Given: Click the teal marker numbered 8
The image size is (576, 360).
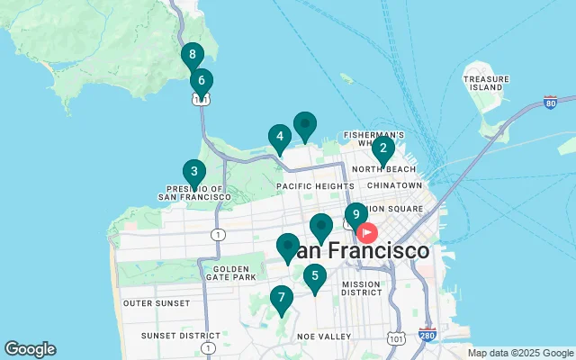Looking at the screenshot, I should [x=192, y=55].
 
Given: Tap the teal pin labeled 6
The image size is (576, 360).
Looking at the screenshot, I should [x=202, y=81].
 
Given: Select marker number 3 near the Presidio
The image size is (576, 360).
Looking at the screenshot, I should [x=193, y=172].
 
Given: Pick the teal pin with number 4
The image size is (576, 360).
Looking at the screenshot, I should [x=279, y=138].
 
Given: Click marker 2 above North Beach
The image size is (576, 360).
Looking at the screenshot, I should [x=383, y=148].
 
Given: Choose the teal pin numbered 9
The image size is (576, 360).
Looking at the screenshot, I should [x=356, y=215].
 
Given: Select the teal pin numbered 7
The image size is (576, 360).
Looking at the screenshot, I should [x=282, y=298].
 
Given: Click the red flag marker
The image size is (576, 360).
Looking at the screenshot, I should [x=368, y=232].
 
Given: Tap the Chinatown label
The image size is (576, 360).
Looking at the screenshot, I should [x=394, y=185].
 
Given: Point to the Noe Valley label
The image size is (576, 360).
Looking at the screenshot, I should [x=324, y=336].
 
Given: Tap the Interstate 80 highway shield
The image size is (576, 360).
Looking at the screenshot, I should [x=549, y=103].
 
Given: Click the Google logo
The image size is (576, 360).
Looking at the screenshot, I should [x=30, y=349].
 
